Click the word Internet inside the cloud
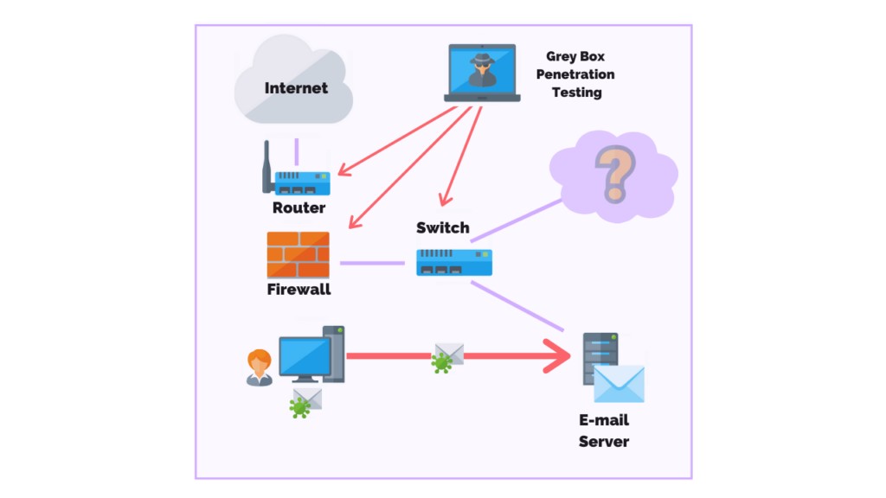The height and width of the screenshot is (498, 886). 296,88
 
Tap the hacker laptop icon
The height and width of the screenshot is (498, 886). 482,73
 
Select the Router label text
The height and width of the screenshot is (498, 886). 299,207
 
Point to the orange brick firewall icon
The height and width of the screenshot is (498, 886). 298,254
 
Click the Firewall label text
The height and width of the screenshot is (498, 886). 299,290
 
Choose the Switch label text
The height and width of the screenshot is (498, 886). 442,228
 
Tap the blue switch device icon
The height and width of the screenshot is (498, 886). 453,262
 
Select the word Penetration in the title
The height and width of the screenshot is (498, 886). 575,74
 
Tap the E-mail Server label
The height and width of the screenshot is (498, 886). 603,431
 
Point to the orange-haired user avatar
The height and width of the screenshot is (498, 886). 259,367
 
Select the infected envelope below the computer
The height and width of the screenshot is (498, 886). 305,402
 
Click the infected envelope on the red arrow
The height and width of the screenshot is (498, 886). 447,357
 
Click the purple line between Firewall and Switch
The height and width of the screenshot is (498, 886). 372,263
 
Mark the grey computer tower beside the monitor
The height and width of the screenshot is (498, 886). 334,354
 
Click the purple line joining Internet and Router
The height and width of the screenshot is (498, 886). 297,151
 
